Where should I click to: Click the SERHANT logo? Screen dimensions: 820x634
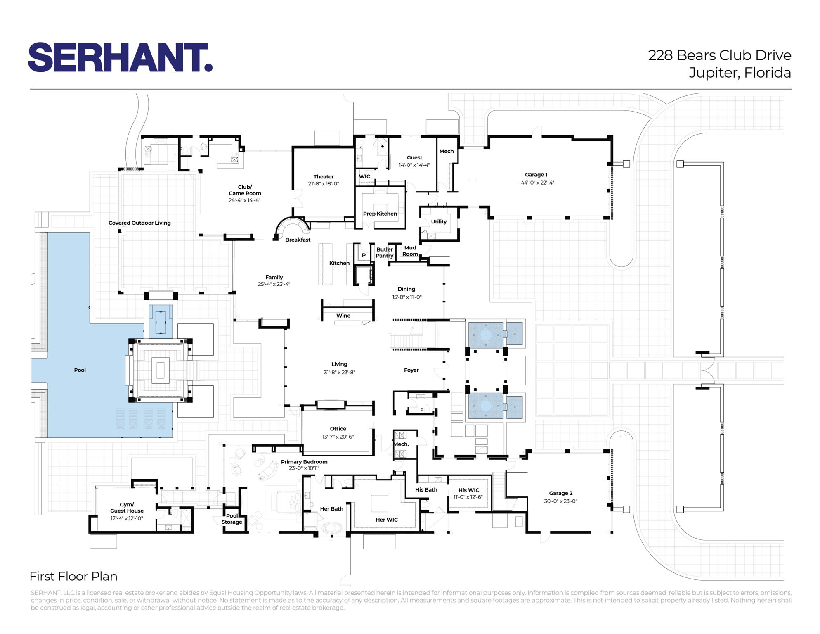(x=121, y=57)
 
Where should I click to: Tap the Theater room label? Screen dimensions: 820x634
(x=324, y=177)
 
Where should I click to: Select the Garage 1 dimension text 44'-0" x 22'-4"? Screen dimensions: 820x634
(x=537, y=183)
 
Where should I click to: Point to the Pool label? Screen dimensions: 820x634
(x=80, y=370)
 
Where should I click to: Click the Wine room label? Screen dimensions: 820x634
(x=343, y=316)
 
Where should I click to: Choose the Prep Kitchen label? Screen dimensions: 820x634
(x=380, y=214)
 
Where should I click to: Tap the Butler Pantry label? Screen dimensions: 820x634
(x=385, y=253)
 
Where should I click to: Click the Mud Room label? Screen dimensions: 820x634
(x=410, y=251)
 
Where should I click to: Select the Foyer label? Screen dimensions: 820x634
(x=411, y=370)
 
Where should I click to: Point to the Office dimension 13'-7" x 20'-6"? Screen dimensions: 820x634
(x=338, y=437)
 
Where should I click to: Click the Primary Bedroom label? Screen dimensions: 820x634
(x=304, y=462)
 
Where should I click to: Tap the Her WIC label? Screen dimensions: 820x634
(x=387, y=520)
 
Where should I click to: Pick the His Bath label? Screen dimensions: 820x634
(x=426, y=490)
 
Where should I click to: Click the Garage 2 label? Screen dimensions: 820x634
(x=561, y=493)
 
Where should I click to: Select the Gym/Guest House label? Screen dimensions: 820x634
(x=127, y=508)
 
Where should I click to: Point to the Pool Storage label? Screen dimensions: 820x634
(x=232, y=519)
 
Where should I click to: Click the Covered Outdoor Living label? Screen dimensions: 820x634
(x=139, y=223)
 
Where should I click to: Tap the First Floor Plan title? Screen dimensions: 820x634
(x=73, y=577)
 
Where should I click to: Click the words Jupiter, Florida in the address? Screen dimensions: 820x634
(x=740, y=73)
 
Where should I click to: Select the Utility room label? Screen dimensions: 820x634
(x=439, y=222)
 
